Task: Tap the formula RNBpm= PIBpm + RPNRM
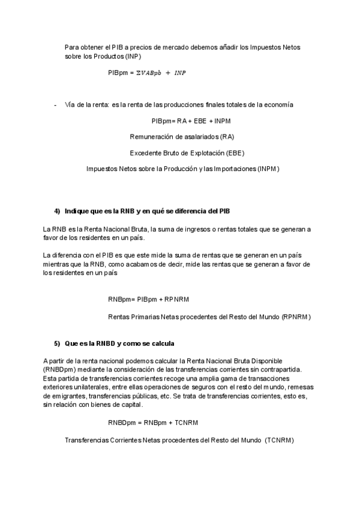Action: pos(149,299)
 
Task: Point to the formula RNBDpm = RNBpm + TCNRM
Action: pos(153,423)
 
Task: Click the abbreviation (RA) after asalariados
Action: pos(227,137)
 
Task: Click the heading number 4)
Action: pos(58,211)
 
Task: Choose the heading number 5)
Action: pos(58,343)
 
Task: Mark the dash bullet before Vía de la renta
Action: pos(55,105)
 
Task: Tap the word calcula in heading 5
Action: pos(162,343)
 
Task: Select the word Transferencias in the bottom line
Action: pos(86,440)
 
